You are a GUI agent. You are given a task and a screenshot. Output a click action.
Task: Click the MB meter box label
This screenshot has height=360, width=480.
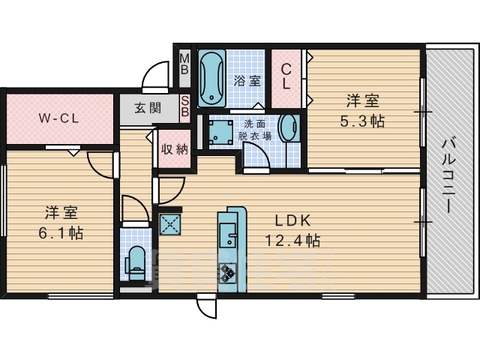point(184,64)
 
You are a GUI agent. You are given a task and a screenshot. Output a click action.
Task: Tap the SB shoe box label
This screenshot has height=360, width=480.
point(184,106)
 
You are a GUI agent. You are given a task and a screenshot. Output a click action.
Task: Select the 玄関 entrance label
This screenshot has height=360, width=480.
point(148,108)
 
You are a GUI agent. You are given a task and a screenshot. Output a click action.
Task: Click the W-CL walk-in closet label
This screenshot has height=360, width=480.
point(58,118)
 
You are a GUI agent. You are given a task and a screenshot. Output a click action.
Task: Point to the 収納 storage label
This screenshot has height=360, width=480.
point(174,149)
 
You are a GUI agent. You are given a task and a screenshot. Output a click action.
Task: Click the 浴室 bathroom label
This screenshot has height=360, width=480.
point(247,81)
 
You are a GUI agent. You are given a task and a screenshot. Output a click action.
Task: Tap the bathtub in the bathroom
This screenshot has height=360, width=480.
point(211,78)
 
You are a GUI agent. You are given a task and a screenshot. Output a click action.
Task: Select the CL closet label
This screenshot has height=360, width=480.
point(286,76)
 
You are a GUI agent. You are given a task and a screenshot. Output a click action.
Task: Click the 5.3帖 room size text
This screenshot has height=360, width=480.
point(362,121)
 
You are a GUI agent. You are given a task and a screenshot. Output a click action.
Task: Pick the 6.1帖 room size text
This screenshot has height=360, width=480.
point(61,233)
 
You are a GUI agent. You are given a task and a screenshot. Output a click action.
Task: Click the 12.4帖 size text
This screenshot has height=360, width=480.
point(292,241)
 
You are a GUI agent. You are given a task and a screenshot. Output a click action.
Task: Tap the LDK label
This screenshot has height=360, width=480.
point(293,220)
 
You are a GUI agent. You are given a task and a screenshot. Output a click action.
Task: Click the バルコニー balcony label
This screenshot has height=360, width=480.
point(448,176)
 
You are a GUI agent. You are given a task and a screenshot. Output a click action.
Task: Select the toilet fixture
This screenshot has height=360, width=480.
point(135,263)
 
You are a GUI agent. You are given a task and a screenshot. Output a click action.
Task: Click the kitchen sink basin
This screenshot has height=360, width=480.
point(228,235)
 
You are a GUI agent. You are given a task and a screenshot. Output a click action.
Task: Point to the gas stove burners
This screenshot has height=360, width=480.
point(227,273)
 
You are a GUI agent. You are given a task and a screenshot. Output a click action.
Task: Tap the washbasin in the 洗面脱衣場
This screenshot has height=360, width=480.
point(289,128)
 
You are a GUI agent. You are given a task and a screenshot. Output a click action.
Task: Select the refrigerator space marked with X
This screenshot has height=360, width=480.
point(170,224)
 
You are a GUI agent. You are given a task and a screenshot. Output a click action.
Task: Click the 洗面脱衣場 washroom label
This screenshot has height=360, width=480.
point(255,130)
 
